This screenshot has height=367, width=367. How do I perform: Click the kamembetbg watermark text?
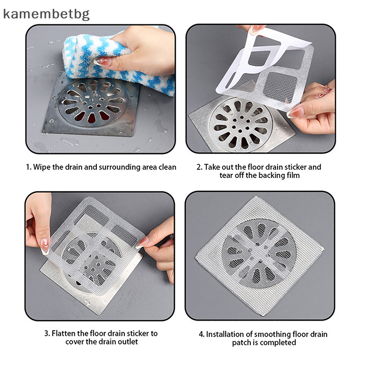point(46,13)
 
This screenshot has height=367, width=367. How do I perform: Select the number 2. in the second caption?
point(199,167)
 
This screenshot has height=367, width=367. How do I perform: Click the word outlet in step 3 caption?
point(127,342)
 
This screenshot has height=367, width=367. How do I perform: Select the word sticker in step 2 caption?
point(287,167)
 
